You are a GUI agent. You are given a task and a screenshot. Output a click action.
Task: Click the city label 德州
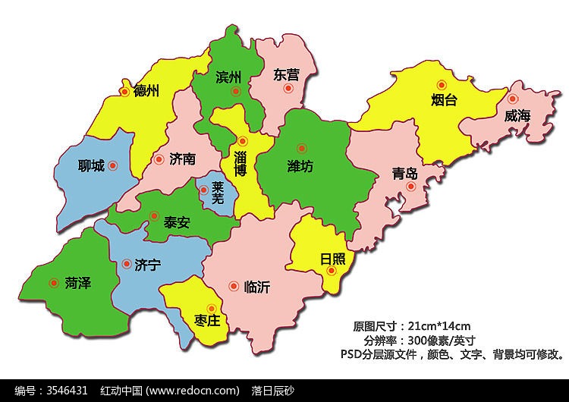(146, 92)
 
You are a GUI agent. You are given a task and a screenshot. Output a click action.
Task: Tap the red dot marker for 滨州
(236, 92)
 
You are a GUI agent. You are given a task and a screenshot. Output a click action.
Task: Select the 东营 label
(285, 75)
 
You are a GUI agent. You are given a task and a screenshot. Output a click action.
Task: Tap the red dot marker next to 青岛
(410, 186)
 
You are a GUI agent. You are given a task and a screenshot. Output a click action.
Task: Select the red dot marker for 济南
(159, 159)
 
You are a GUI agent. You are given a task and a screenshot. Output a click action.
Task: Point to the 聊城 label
(91, 165)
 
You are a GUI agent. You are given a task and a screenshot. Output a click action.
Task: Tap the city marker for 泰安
(154, 215)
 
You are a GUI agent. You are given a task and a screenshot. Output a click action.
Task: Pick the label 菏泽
(78, 283)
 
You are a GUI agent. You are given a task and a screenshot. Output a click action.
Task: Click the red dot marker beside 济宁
(126, 265)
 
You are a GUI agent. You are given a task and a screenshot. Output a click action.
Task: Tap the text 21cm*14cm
(439, 326)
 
